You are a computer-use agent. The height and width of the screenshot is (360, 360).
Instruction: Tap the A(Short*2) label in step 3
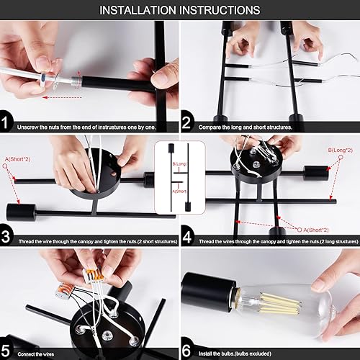[17, 158]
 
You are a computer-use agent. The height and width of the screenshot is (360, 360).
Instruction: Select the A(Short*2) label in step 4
[317, 229]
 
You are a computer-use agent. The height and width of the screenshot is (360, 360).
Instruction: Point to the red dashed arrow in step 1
[61, 96]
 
